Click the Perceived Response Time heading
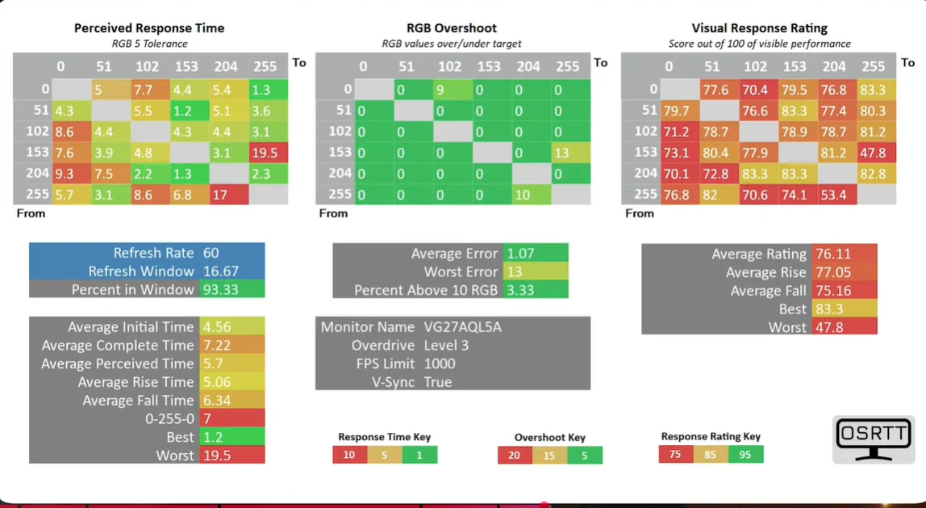point(149,27)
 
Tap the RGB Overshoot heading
point(451,27)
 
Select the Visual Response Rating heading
point(759,27)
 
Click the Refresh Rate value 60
point(211,253)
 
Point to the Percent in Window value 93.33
point(220,289)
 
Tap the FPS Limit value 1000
point(440,363)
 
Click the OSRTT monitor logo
point(874,439)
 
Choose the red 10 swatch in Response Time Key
point(349,455)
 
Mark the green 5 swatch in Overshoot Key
point(584,456)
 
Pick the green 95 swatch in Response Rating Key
point(745,454)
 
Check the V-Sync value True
point(438,382)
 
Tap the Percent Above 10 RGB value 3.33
point(521,290)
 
